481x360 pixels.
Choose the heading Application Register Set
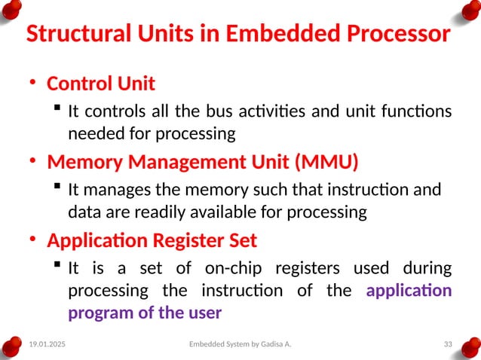coord(152,241)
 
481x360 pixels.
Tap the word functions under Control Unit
coord(418,112)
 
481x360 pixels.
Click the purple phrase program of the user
coord(145,312)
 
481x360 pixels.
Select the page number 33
coord(447,344)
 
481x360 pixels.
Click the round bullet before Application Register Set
coord(32,242)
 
